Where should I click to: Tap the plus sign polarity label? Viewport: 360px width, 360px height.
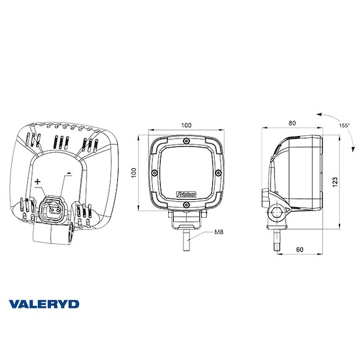click(38, 182)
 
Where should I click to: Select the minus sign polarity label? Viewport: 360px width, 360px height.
click(69, 168)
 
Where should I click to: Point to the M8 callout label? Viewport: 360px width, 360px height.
click(218, 233)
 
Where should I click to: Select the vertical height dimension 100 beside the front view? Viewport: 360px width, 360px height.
click(133, 172)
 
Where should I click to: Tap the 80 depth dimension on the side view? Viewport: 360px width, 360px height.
click(292, 124)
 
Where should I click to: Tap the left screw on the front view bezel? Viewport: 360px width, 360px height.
click(153, 172)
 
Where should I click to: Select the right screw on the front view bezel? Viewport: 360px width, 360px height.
click(217, 172)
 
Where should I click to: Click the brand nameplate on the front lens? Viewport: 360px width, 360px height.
click(187, 194)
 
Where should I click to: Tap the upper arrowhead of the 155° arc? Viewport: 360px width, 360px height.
click(318, 115)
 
